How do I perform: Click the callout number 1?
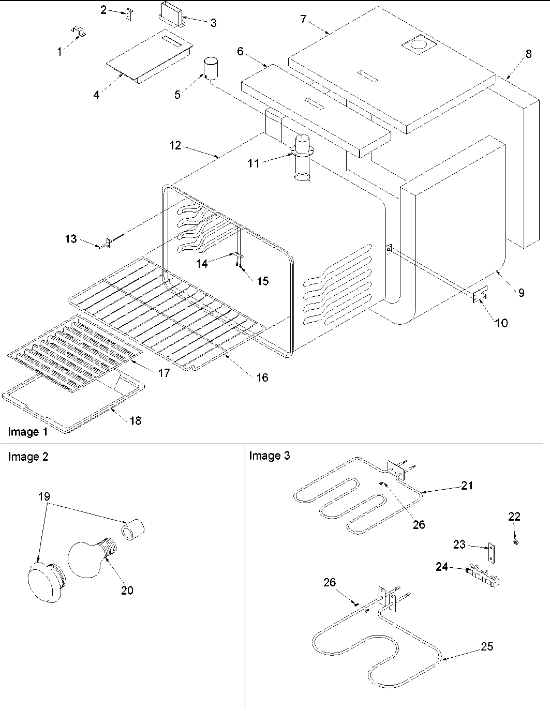coord(60,52)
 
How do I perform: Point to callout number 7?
coord(303,20)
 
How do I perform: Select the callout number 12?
coord(175,145)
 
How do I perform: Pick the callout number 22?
coord(514,517)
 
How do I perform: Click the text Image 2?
coord(28,457)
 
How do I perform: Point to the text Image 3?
coord(270,456)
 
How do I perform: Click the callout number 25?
coord(486,646)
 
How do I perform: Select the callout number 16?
coord(262,377)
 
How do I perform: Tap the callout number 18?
coord(135,420)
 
